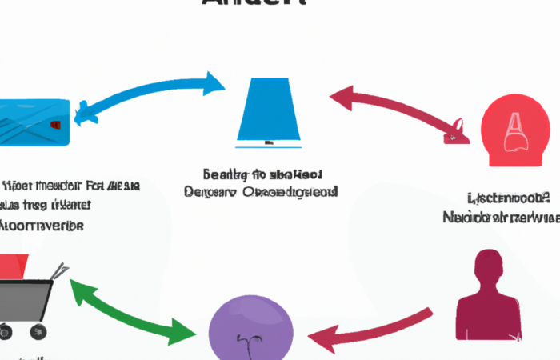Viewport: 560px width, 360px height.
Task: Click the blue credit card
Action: [32, 122]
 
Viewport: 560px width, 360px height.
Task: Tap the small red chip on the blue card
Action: [54, 126]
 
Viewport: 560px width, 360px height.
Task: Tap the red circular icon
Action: [515, 131]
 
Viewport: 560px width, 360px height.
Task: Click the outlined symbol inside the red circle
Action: [514, 133]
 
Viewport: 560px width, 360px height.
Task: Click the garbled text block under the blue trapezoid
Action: [261, 183]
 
